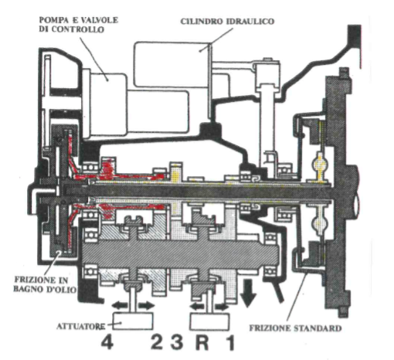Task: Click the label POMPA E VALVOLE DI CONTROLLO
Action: (x=78, y=25)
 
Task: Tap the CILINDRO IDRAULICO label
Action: (x=227, y=21)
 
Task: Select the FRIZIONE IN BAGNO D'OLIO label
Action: (x=45, y=284)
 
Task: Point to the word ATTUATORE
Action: (x=80, y=326)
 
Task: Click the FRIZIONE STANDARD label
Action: (x=295, y=328)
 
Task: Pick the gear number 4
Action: (x=107, y=342)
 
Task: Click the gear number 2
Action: (x=156, y=342)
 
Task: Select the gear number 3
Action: (x=177, y=342)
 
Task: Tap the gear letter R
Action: (x=202, y=342)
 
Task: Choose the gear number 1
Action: (x=230, y=342)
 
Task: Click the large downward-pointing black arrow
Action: (x=248, y=294)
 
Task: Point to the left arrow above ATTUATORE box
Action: (x=120, y=306)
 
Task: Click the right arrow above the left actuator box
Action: (x=147, y=306)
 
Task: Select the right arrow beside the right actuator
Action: (x=222, y=307)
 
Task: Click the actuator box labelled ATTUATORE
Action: (x=133, y=321)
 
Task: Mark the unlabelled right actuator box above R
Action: (x=209, y=321)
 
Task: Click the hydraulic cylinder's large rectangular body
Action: (x=172, y=64)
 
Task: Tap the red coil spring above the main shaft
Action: (x=108, y=168)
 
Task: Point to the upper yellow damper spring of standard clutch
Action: (x=320, y=163)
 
